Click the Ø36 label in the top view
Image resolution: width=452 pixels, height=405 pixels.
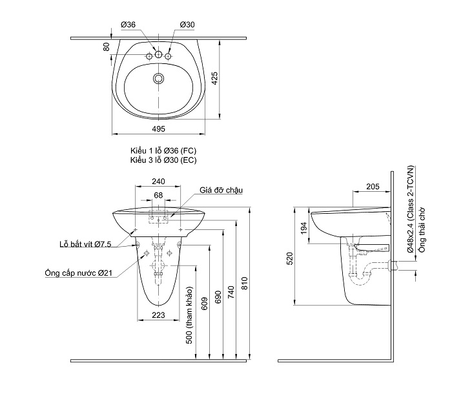coord(128,25)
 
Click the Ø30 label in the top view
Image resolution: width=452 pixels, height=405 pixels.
coord(187,25)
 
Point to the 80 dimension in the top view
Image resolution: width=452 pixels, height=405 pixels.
coord(106,47)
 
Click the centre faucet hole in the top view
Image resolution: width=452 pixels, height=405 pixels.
coord(158,56)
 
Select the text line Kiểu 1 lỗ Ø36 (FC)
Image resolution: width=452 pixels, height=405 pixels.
coord(163,150)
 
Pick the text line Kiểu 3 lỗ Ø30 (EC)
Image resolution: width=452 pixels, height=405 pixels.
coord(163,159)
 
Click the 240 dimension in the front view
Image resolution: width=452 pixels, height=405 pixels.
coord(158,182)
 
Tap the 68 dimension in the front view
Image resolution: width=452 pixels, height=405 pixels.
coord(158,194)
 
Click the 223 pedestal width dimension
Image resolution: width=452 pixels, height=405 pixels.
coord(158,315)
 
